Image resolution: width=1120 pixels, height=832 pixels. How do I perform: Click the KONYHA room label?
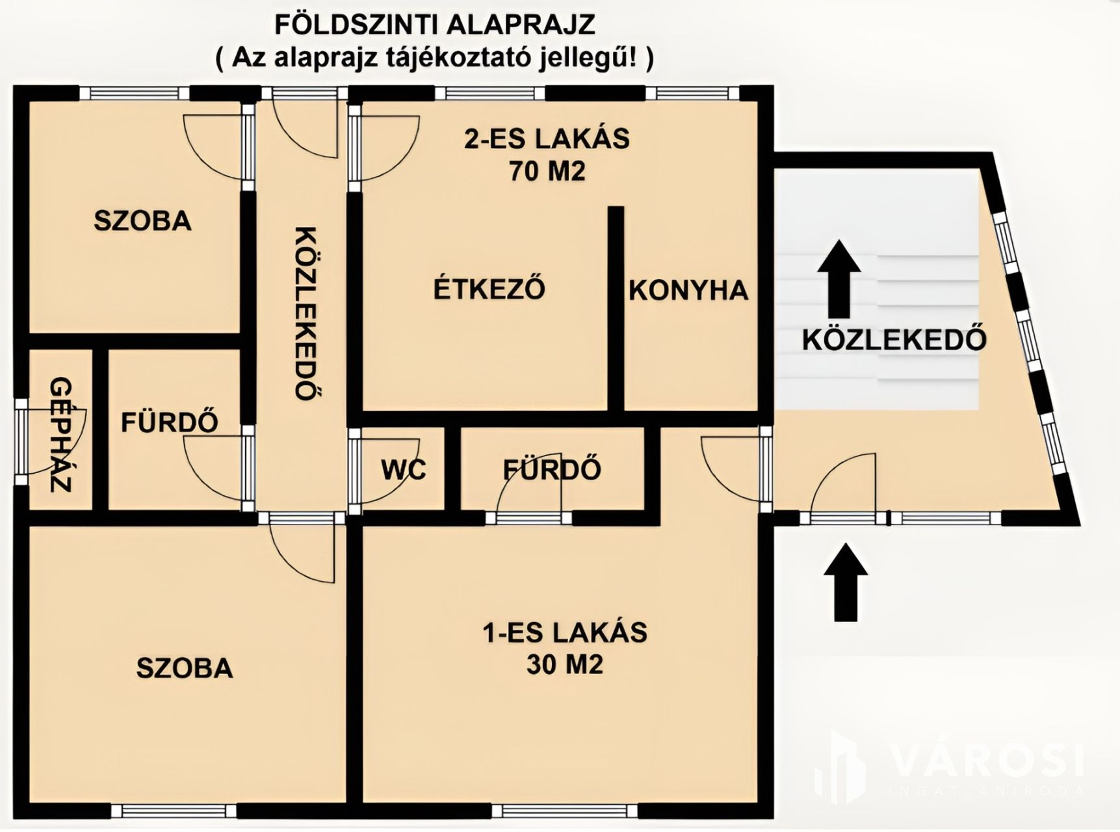click(x=688, y=290)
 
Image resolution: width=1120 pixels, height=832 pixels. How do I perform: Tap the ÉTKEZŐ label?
click(x=489, y=288)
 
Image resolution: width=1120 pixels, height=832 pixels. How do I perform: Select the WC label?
click(x=403, y=469)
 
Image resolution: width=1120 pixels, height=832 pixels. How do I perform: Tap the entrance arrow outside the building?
click(x=846, y=582)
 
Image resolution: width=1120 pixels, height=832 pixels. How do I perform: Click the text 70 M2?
click(x=547, y=172)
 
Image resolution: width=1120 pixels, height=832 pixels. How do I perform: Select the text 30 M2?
click(x=564, y=664)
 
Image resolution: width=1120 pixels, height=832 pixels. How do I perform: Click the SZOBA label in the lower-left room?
click(x=185, y=668)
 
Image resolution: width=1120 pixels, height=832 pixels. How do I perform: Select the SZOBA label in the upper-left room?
click(x=143, y=221)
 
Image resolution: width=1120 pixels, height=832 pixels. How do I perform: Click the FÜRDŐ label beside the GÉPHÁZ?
click(x=170, y=422)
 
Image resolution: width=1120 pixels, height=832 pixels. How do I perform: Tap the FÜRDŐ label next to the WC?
click(x=552, y=469)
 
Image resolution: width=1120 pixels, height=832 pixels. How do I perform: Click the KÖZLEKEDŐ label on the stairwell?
click(x=894, y=339)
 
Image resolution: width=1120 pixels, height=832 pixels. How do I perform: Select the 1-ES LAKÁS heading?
click(x=564, y=632)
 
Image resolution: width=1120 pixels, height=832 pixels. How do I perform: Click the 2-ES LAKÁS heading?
click(x=547, y=138)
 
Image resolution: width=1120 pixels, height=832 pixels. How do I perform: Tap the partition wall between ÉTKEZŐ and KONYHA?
click(x=616, y=309)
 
